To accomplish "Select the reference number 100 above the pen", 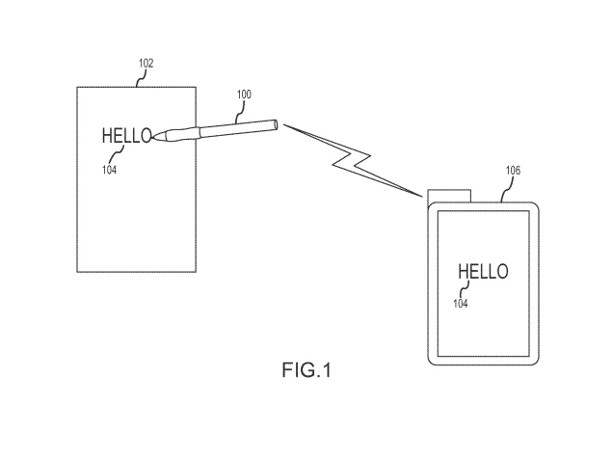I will pyautogui.click(x=244, y=94).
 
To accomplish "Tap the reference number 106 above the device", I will pyautogui.click(x=514, y=171).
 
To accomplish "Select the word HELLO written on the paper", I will pyautogui.click(x=126, y=136).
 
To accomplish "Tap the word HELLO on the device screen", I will pyautogui.click(x=482, y=272).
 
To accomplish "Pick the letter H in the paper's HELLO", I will pyautogui.click(x=108, y=136).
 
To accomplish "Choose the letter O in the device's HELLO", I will pyautogui.click(x=501, y=272).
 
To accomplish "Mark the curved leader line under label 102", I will pyautogui.click(x=141, y=78).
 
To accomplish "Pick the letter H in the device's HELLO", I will pyautogui.click(x=464, y=272).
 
